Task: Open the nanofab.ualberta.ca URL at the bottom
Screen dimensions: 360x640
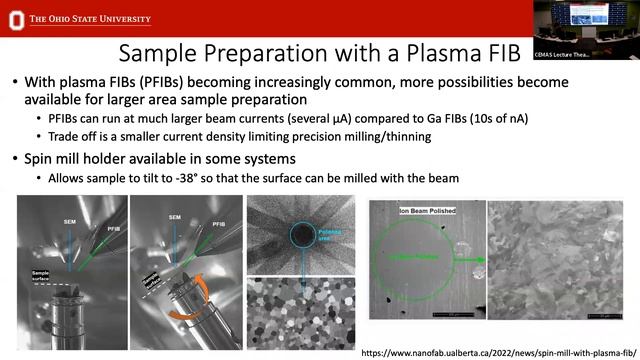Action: [x=496, y=353]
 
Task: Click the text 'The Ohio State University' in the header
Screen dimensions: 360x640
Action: [x=91, y=17]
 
